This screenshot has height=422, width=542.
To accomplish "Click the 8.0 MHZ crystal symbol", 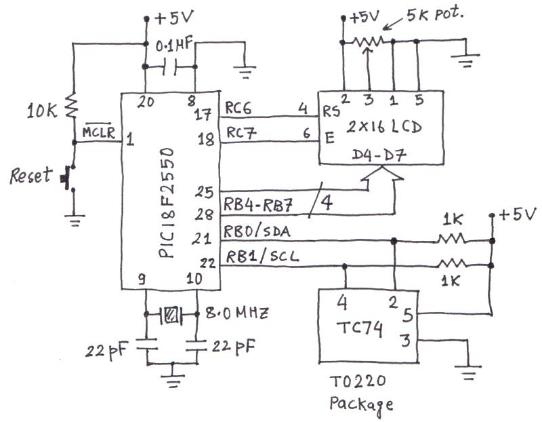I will pyautogui.click(x=171, y=314).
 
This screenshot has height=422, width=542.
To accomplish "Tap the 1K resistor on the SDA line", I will pyautogui.click(x=451, y=239).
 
